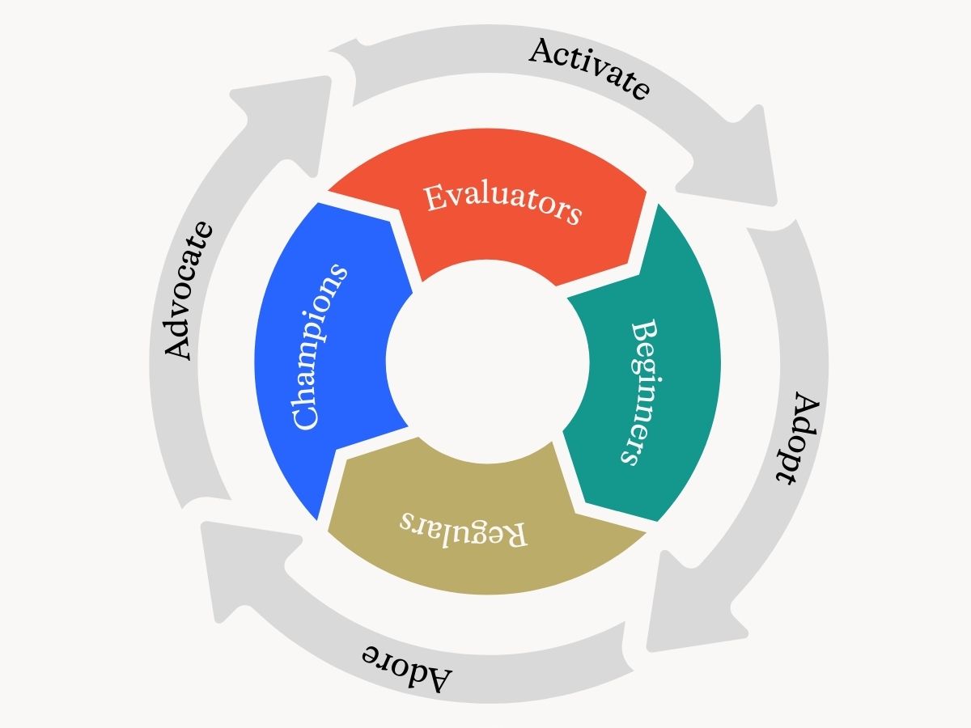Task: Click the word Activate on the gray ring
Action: [x=588, y=69]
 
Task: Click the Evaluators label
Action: [x=502, y=204]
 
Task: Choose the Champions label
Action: [x=319, y=348]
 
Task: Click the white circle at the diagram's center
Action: [x=487, y=362]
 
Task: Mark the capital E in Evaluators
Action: [x=436, y=197]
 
